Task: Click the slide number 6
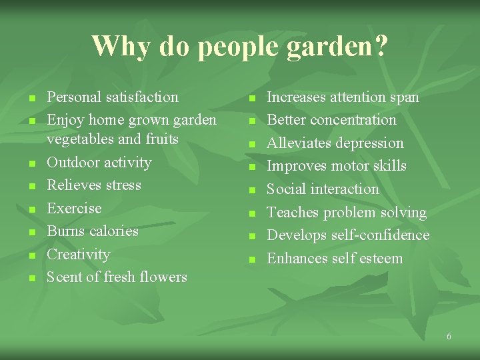[449, 337]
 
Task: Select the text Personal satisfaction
[113, 97]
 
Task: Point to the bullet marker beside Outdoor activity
[31, 164]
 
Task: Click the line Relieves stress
[94, 185]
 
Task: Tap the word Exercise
[74, 208]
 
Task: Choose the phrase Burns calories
[93, 231]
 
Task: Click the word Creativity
[78, 254]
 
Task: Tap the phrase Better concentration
[331, 120]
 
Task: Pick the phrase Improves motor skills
[337, 166]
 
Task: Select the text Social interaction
[323, 189]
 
